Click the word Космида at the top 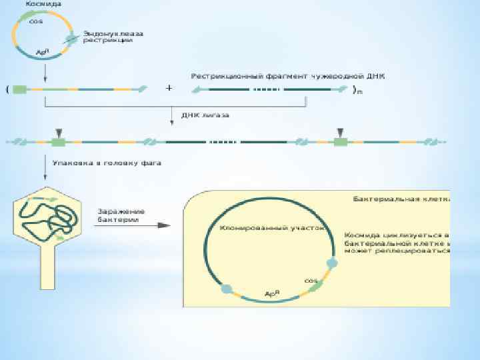click(44, 5)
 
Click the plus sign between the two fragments click(169, 88)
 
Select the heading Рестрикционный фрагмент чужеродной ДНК click(292, 76)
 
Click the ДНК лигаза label click(205, 115)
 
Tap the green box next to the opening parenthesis click(19, 89)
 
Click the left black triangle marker click(59, 131)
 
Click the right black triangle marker click(341, 131)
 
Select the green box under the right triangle click(341, 142)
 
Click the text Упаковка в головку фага click(106, 162)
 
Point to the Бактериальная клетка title click(399, 199)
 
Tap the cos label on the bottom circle click(311, 281)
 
